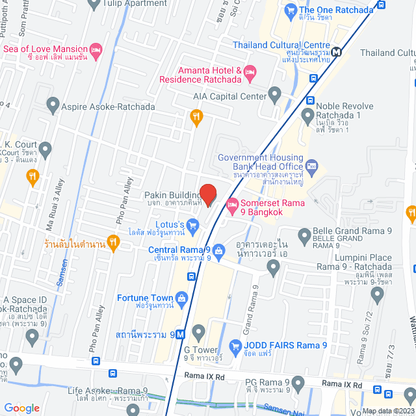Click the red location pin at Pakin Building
tap(207, 194)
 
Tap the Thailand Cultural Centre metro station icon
tap(336, 52)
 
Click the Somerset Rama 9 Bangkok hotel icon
tap(232, 207)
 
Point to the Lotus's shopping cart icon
tap(192, 226)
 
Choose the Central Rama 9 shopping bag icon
tap(218, 250)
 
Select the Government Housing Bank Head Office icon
tap(311, 166)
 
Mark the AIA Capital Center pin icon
tap(275, 96)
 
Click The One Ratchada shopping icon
tap(289, 10)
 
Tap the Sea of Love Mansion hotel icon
tap(96, 49)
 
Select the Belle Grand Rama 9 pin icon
tap(303, 235)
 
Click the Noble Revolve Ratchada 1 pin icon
tap(309, 117)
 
